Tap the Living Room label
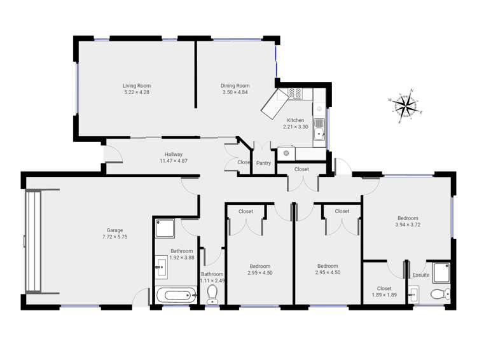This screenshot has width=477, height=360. (137, 85)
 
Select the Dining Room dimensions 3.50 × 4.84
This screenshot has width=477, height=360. (235, 93)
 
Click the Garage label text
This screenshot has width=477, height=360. (114, 230)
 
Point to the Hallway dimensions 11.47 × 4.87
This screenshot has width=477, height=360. (174, 161)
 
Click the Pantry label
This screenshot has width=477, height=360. (263, 163)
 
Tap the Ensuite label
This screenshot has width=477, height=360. (420, 275)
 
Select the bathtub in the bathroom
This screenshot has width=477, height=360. (176, 295)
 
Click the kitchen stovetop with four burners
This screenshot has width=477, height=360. (295, 93)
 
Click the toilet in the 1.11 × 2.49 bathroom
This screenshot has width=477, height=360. (212, 293)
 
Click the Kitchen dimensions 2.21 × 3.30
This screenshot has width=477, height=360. (296, 127)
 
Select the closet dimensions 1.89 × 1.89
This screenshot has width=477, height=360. (384, 295)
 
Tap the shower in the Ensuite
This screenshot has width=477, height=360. (438, 270)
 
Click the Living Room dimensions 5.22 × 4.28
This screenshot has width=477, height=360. (137, 93)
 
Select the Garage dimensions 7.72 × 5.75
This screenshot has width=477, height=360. (114, 237)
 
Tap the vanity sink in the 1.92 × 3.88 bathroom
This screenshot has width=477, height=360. (160, 268)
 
